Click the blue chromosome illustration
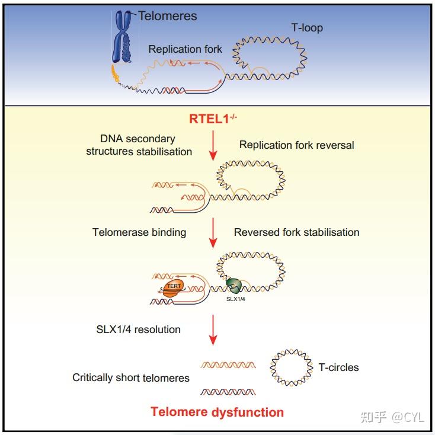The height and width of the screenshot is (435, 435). (122, 36)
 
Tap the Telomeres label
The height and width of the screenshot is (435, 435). (168, 16)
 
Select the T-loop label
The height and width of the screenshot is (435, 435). (307, 28)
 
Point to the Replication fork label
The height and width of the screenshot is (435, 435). (185, 49)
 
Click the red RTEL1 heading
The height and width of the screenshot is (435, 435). (213, 119)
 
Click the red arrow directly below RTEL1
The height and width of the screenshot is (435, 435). (213, 146)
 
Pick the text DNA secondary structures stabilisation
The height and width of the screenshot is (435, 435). (139, 145)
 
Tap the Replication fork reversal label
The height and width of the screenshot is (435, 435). (296, 145)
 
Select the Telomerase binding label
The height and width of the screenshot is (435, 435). (139, 232)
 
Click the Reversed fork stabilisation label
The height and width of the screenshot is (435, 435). (296, 232)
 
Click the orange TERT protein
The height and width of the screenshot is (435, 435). (173, 289)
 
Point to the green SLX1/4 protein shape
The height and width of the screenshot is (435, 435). (234, 286)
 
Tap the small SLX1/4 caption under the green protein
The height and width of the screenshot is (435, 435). (235, 299)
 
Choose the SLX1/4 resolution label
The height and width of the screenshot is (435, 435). (138, 330)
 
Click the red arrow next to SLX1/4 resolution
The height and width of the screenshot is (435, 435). (213, 330)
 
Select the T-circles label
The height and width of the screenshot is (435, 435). (338, 367)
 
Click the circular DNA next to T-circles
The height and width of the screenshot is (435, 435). (270, 367)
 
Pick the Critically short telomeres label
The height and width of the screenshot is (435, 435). (130, 378)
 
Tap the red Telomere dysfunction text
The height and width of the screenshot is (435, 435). (217, 412)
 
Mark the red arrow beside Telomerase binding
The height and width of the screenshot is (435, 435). (213, 233)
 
